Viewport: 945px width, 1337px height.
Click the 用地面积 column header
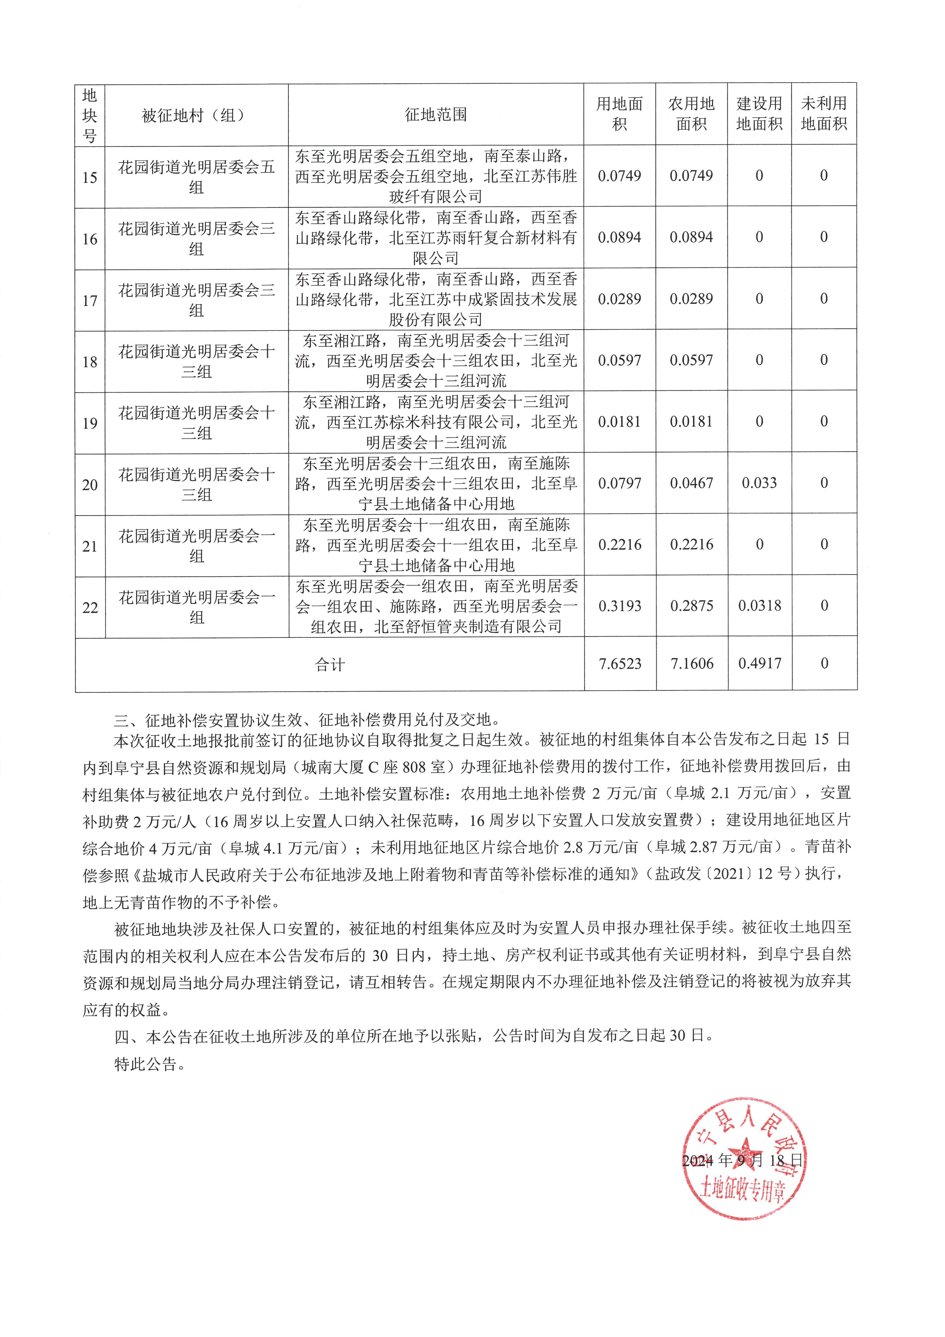619,114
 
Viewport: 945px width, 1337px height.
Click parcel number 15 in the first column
90,177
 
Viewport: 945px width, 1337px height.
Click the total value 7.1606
692,664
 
